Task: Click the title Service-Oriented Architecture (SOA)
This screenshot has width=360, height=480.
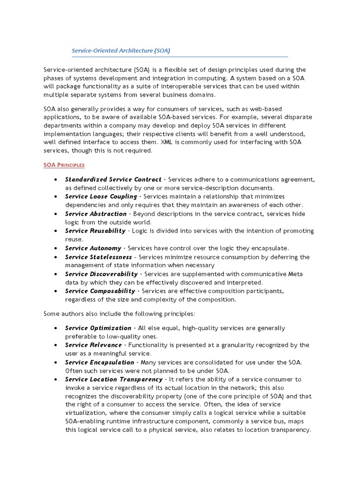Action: click(x=120, y=50)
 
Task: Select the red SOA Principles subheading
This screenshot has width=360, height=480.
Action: click(x=64, y=165)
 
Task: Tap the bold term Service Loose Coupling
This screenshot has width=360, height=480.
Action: click(x=101, y=196)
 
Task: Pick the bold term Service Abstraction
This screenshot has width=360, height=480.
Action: click(x=96, y=214)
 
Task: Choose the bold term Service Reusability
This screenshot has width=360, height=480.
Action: click(x=95, y=231)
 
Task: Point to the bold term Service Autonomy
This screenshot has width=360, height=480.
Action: click(x=93, y=247)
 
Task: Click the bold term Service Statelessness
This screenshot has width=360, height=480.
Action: click(x=99, y=257)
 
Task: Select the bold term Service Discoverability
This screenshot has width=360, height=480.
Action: click(x=101, y=274)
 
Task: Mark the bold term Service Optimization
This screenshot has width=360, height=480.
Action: click(x=98, y=328)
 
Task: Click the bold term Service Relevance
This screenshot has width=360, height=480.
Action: click(x=93, y=345)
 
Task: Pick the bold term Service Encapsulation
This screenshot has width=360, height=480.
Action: click(x=100, y=362)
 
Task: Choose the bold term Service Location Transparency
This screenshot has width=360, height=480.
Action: click(x=113, y=379)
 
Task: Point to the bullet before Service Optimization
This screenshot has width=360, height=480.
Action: click(x=56, y=328)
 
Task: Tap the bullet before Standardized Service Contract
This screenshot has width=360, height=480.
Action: click(x=56, y=180)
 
